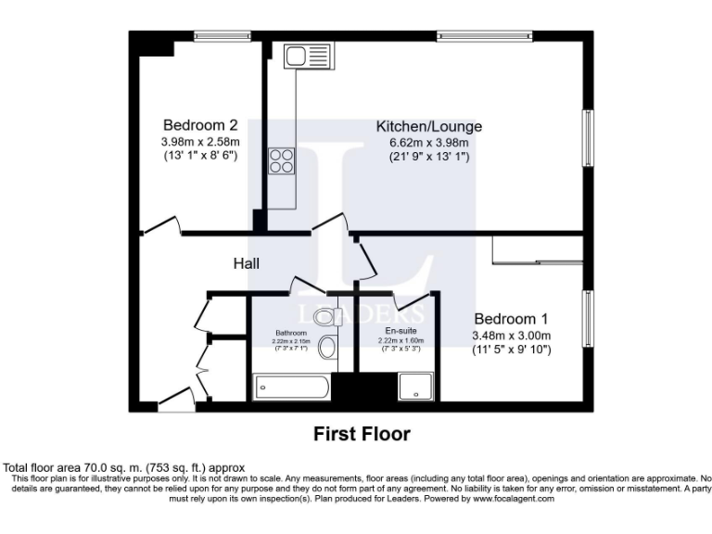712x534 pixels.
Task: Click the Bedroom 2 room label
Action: click(200, 125)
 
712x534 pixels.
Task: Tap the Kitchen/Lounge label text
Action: click(428, 126)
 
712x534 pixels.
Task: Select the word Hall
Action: click(246, 264)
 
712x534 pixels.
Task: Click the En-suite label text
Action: click(400, 331)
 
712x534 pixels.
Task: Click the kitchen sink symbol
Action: click(301, 57)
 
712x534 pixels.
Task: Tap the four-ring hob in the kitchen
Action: click(282, 161)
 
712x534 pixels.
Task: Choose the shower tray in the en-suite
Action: click(414, 388)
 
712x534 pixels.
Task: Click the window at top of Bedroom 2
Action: click(222, 36)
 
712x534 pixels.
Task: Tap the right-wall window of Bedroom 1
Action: click(588, 319)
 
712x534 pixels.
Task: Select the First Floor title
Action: click(362, 434)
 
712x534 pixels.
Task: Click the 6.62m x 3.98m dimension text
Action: click(428, 143)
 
